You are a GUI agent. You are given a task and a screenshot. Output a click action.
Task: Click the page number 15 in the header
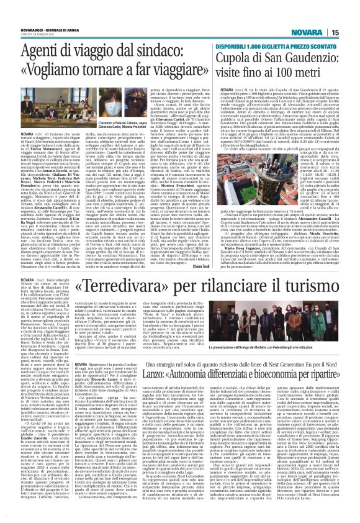pos(352,32)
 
